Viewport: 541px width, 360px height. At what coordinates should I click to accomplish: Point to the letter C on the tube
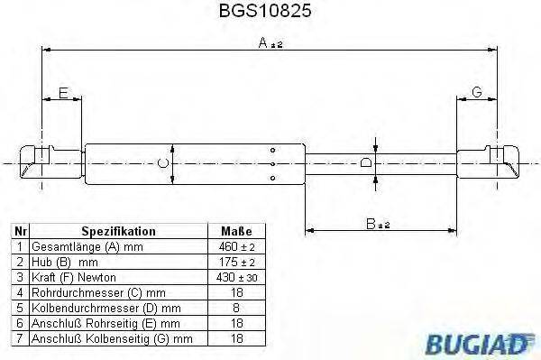coord(162,162)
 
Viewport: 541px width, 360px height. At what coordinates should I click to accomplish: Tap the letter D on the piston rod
coord(366,162)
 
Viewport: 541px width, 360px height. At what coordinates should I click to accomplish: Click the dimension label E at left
coord(62,93)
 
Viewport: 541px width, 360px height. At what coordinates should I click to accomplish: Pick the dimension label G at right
coord(477,93)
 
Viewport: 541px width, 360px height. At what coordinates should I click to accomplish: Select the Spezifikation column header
coord(118,231)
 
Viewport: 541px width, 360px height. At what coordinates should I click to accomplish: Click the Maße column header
coord(236,231)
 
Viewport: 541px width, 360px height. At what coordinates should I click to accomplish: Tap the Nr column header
coord(19,231)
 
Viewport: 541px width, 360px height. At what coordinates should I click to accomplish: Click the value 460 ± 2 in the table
coord(237,246)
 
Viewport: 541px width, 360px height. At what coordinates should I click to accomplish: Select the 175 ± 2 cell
coord(237,262)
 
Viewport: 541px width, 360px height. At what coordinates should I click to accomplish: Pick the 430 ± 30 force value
coord(237,277)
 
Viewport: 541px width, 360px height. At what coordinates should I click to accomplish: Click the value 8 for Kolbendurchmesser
coord(237,308)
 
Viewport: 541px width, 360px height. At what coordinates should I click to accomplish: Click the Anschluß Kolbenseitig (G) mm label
coord(112,338)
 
